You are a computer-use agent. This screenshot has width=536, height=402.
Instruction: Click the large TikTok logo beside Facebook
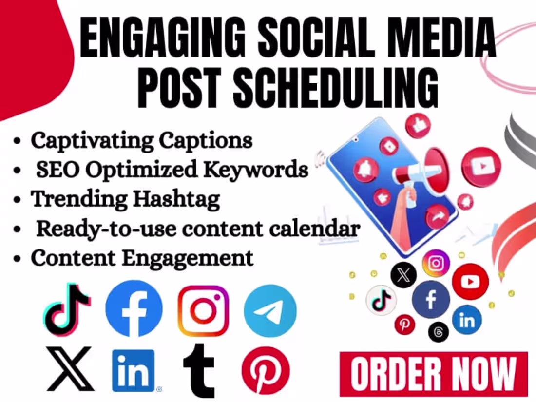pyautogui.click(x=67, y=309)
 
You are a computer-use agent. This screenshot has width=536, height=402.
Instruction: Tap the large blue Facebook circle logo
pyautogui.click(x=134, y=308)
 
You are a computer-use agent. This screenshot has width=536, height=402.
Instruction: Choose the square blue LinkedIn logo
pyautogui.click(x=133, y=371)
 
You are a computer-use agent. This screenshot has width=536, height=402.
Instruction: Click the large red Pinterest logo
pyautogui.click(x=266, y=370)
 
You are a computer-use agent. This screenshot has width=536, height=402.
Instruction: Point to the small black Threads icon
pyautogui.click(x=439, y=332)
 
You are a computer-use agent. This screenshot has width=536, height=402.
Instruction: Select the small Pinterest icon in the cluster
pyautogui.click(x=405, y=324)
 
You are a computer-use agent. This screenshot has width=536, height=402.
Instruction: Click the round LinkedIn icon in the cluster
pyautogui.click(x=467, y=320)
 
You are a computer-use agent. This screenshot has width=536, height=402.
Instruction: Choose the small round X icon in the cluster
pyautogui.click(x=403, y=275)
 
